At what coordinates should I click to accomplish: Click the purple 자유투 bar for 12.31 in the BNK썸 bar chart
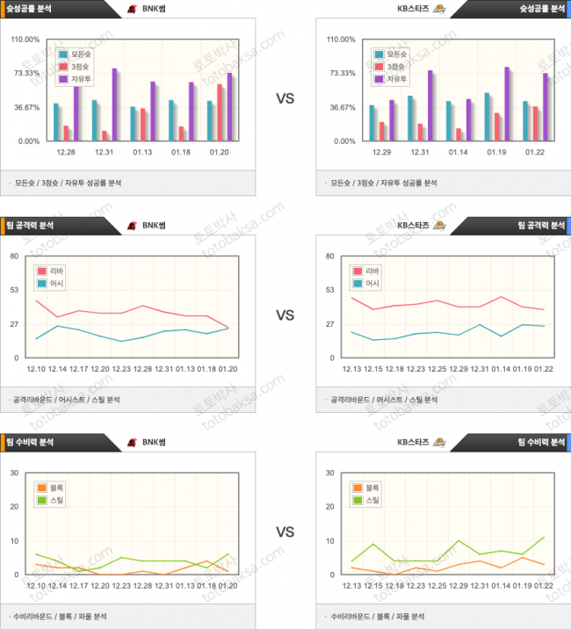click(114, 105)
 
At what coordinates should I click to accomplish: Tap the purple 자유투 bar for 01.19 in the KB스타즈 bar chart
click(507, 104)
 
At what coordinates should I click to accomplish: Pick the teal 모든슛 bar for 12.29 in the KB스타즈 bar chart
click(372, 123)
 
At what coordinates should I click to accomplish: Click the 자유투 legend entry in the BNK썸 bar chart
click(76, 79)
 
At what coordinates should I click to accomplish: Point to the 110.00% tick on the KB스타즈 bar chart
click(341, 40)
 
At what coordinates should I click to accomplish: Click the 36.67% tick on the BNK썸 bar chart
click(25, 107)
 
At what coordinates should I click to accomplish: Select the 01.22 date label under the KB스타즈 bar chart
click(535, 151)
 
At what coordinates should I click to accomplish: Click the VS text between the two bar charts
click(285, 98)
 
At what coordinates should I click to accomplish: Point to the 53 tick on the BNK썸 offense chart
click(14, 290)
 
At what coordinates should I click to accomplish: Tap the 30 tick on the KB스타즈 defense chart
click(330, 473)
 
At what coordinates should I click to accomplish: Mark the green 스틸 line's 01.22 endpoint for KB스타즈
click(545, 538)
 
